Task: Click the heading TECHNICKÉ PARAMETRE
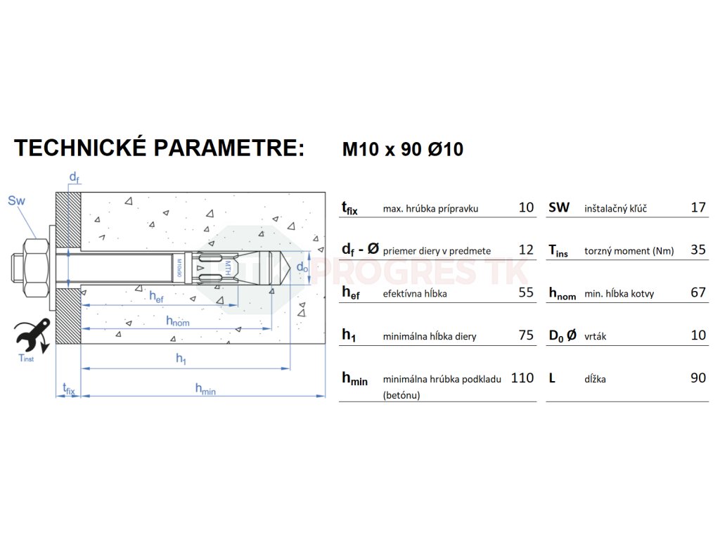160,148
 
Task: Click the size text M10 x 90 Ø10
402,150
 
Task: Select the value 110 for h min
522,378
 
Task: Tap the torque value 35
697,250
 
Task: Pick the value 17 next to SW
697,207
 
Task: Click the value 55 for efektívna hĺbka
526,292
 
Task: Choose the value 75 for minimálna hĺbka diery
526,335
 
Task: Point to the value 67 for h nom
697,292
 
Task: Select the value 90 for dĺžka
697,378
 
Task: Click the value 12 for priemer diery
526,250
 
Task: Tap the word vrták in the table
595,336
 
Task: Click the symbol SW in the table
559,207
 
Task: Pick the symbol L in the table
552,378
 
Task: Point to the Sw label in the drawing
16,201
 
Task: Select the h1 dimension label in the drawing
181,359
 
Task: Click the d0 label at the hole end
302,267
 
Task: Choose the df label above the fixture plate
73,176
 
